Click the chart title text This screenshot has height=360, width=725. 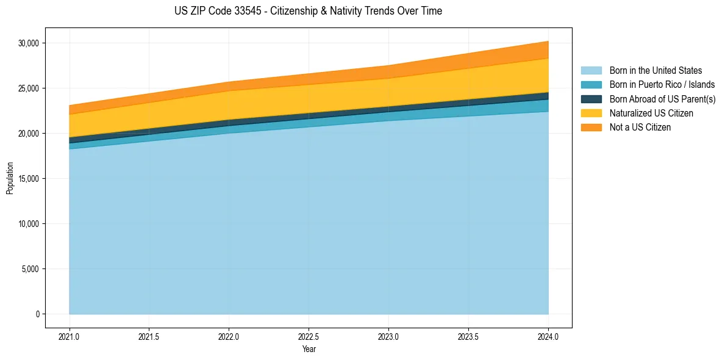308,11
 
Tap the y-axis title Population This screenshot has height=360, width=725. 10,178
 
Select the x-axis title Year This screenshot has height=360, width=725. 309,349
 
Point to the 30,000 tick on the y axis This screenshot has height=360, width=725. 28,43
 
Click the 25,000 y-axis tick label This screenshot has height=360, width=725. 28,88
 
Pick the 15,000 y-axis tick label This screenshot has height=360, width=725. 28,179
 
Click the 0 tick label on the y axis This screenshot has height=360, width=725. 37,314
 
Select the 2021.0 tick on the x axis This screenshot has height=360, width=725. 70,336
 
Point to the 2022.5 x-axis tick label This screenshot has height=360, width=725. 309,336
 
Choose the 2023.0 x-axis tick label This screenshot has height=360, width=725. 388,336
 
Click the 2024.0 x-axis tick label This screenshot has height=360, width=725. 548,336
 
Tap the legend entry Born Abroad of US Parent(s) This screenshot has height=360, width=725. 662,99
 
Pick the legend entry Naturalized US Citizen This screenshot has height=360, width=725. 651,113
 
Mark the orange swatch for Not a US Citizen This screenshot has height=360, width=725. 591,128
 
